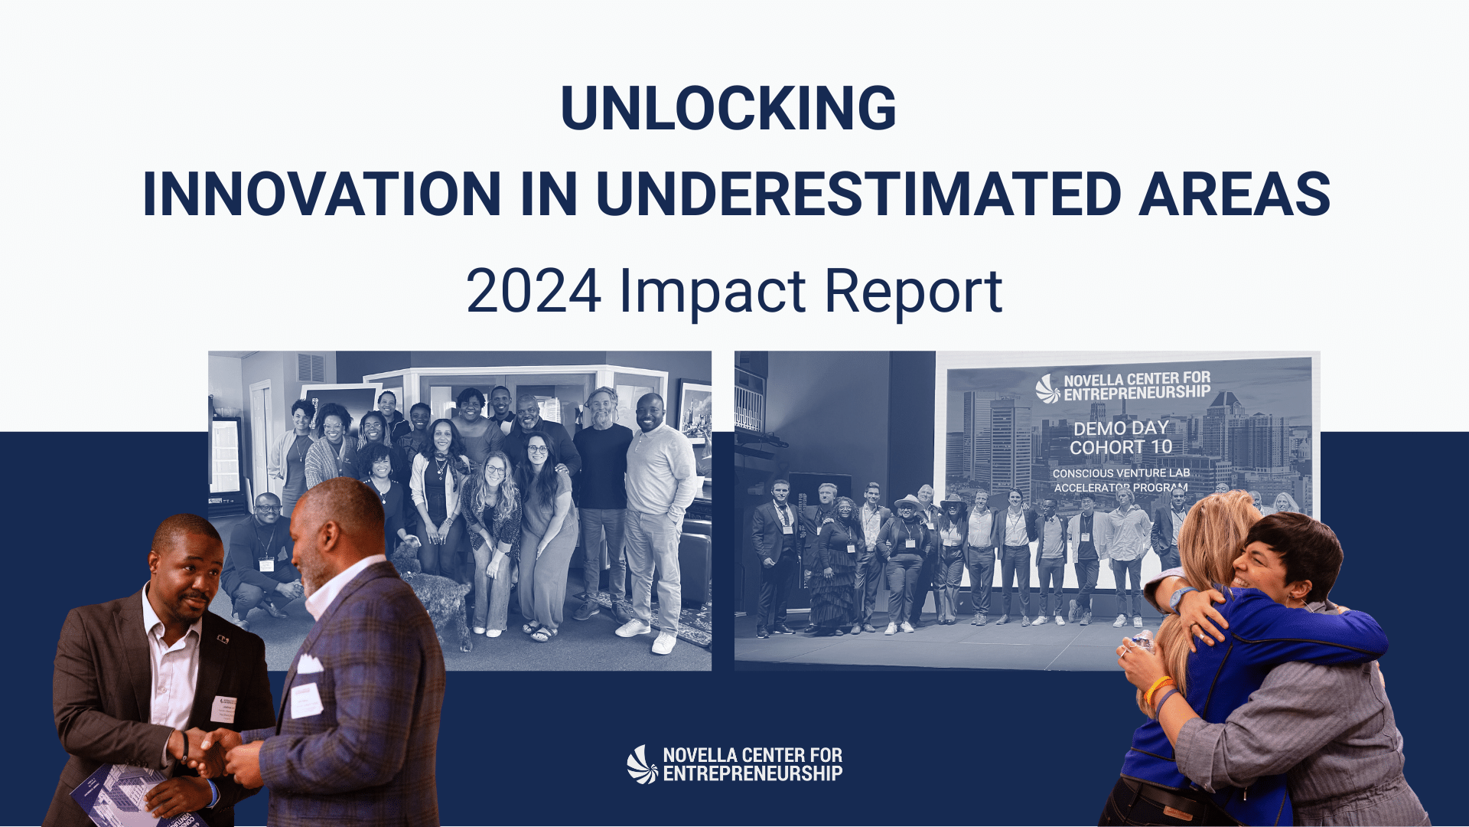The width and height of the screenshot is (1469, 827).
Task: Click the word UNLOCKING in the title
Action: pos(728,108)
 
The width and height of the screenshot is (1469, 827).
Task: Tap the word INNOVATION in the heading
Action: pos(322,194)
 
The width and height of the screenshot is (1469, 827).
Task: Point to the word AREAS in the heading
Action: pos(1235,194)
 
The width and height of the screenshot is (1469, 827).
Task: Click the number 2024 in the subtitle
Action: pos(533,292)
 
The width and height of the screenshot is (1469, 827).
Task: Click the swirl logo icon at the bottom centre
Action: pos(642,765)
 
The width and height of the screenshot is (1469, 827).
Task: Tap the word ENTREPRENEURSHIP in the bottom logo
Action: pos(753,774)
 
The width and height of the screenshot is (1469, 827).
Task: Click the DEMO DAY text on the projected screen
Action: pos(1121,428)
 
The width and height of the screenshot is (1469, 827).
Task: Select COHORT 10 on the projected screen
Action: pos(1121,447)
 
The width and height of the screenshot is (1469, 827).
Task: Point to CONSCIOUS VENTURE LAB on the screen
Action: pos(1121,473)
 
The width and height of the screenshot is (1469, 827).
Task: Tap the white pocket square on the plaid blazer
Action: pos(310,663)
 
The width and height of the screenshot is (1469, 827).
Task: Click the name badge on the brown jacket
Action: pos(223,709)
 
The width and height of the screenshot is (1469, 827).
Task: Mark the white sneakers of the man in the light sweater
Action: pos(647,636)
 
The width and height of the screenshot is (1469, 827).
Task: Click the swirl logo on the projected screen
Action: pos(1047,388)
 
